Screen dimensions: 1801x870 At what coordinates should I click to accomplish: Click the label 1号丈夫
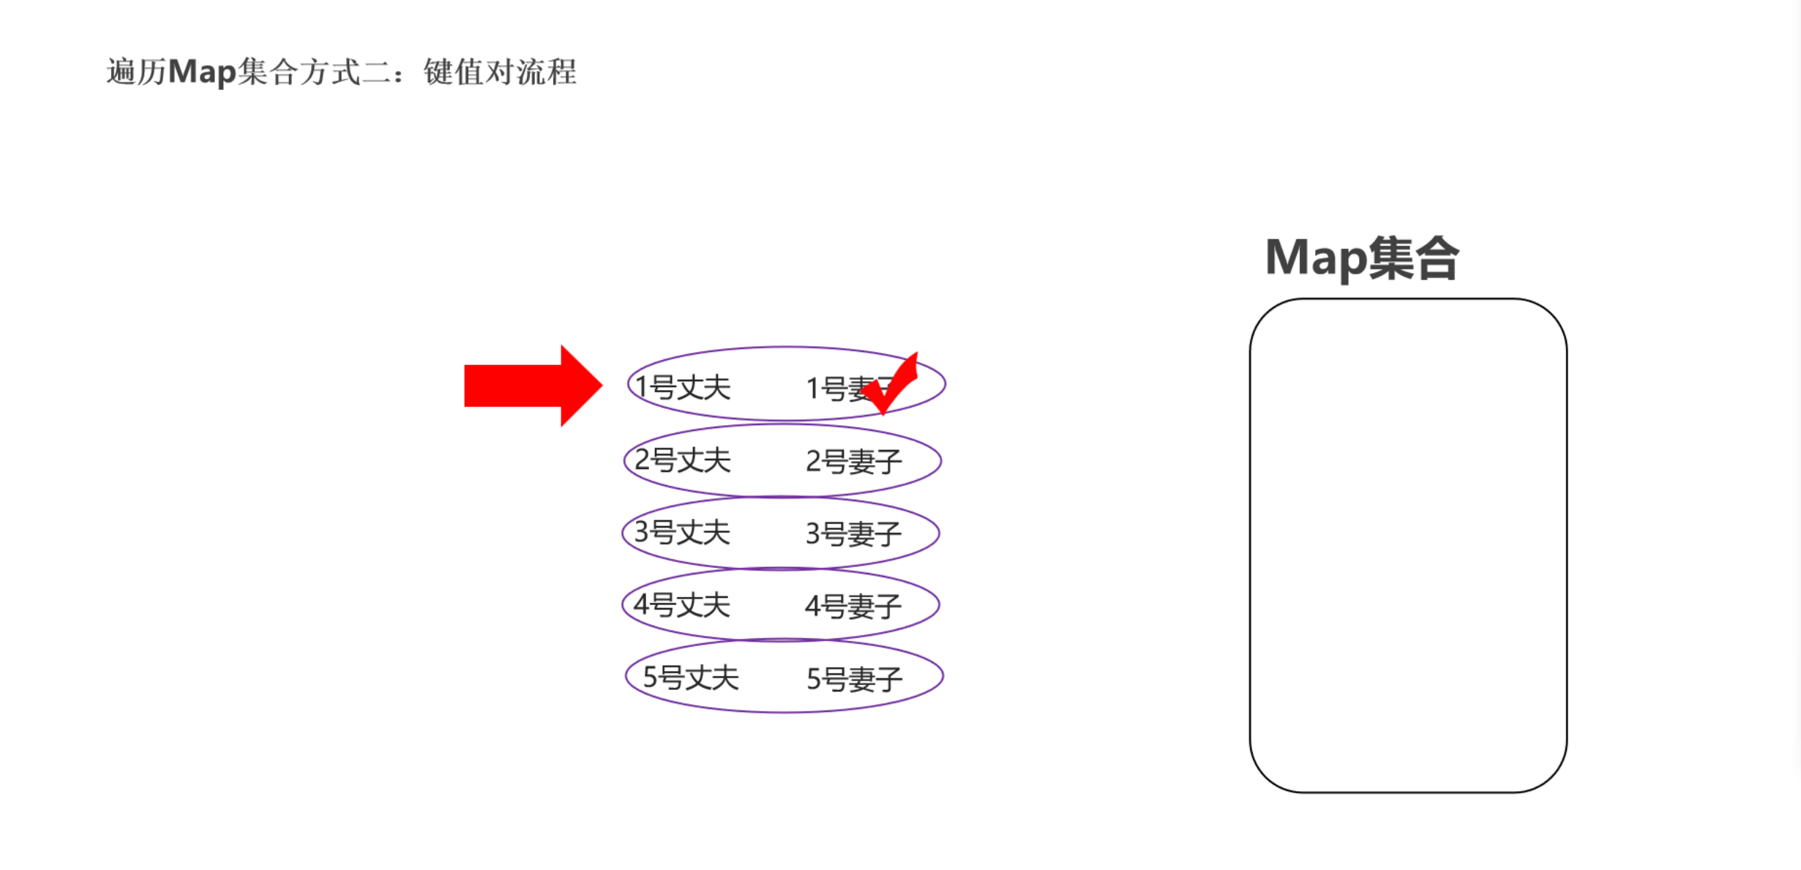tap(683, 387)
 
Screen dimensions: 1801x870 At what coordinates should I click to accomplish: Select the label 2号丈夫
tap(683, 460)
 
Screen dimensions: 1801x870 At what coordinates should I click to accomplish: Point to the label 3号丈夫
tap(682, 533)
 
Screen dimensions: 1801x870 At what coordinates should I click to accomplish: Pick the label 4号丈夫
tap(682, 605)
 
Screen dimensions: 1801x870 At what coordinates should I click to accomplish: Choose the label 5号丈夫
tap(691, 678)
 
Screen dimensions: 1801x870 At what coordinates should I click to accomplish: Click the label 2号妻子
tap(853, 462)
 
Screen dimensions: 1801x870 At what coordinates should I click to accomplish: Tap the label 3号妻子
tap(853, 534)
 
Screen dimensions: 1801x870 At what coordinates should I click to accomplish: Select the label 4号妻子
tap(853, 607)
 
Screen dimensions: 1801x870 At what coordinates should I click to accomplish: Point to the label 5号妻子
tap(854, 679)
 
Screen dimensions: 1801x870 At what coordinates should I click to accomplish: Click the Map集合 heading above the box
tap(1362, 258)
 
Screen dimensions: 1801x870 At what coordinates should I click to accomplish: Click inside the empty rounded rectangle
tap(1408, 545)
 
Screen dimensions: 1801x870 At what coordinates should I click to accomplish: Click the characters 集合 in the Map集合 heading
tap(1413, 258)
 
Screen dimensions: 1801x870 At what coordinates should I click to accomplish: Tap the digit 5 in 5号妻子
tap(813, 679)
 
